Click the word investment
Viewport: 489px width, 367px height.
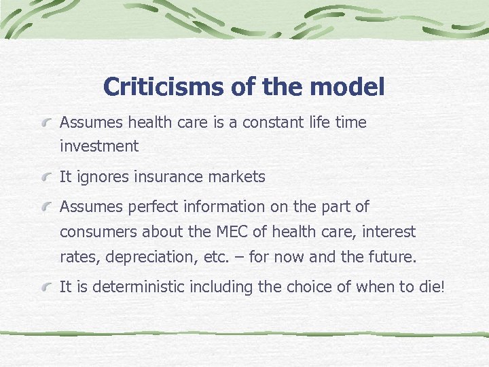(98, 146)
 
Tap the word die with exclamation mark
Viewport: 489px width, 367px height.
(431, 287)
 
